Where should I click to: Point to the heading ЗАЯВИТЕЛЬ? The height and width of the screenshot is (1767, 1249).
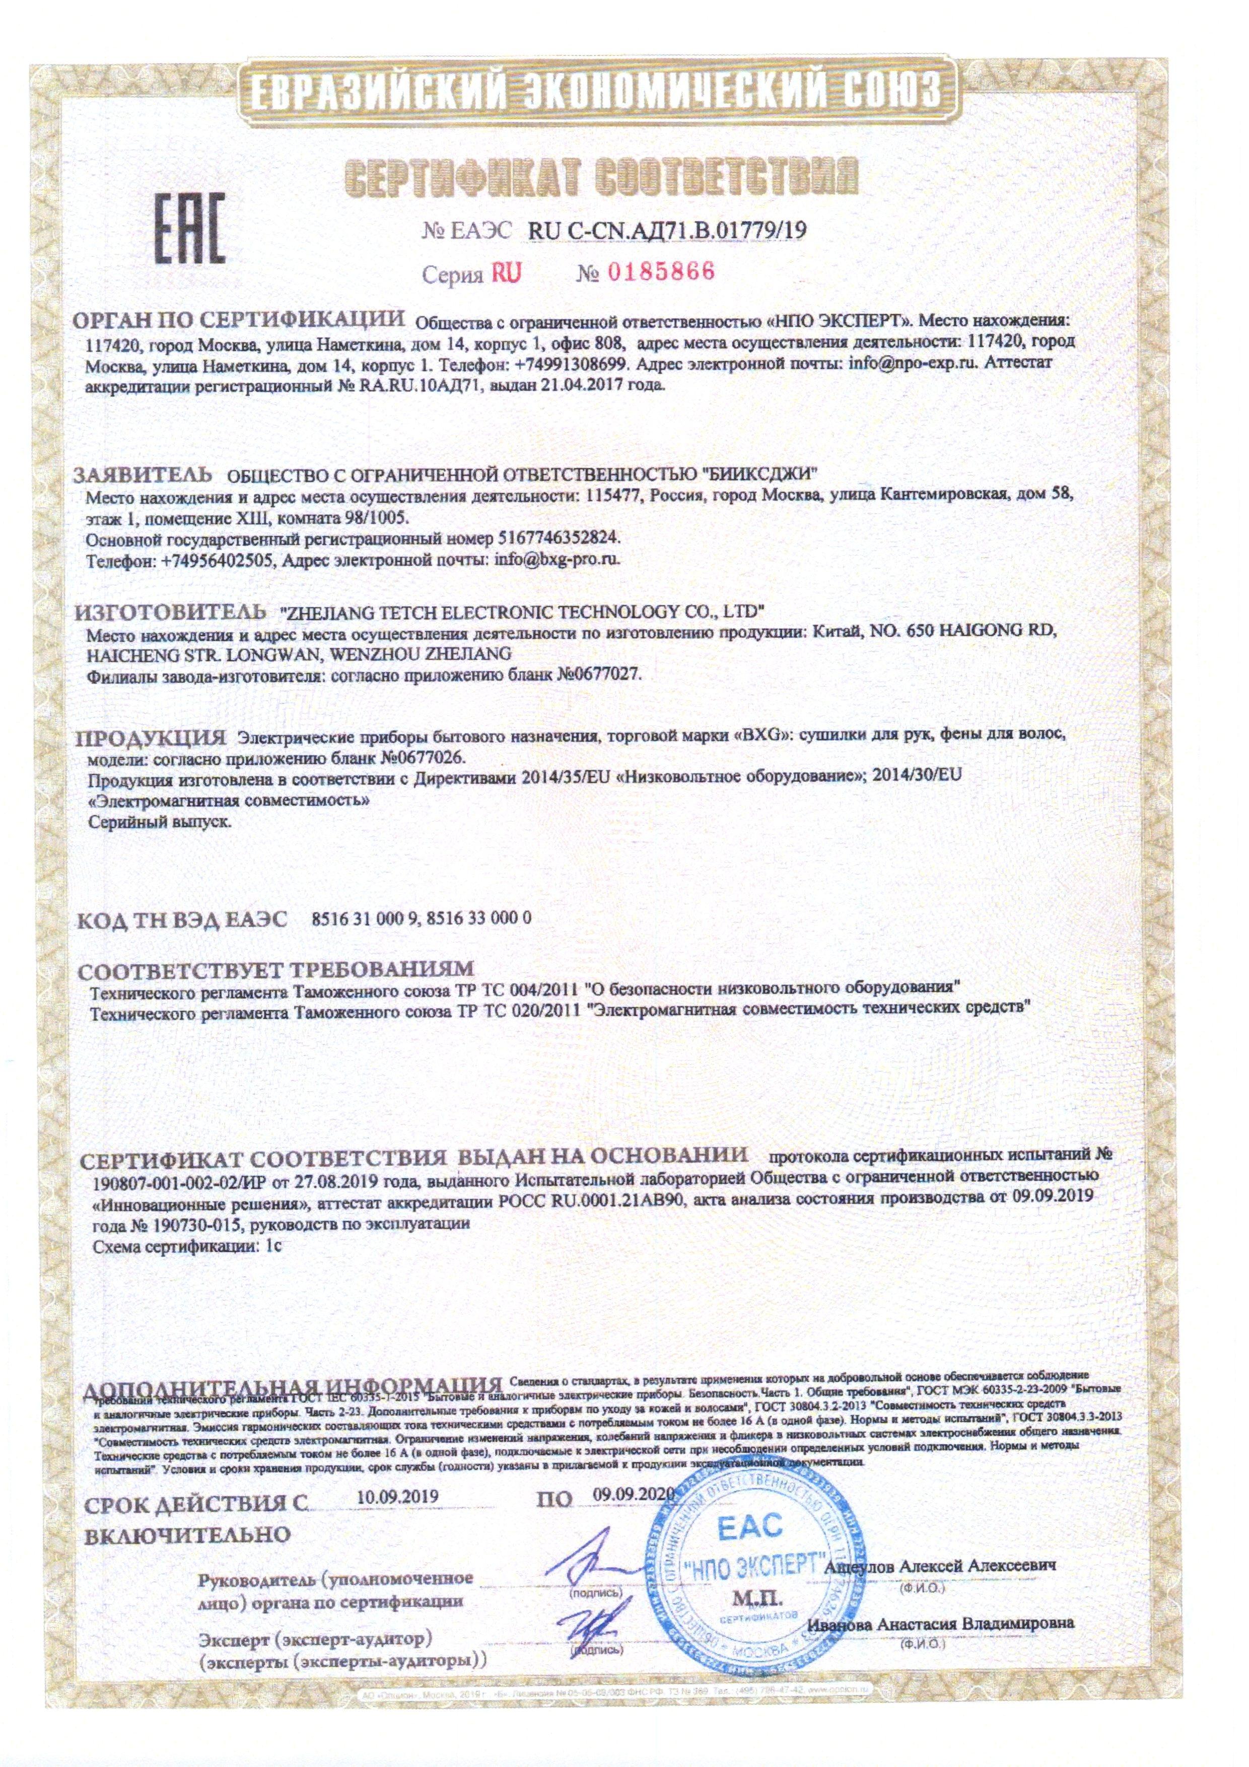[143, 472]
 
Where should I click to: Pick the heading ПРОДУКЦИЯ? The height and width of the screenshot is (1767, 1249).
[151, 737]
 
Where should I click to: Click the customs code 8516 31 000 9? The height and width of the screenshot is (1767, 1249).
[365, 918]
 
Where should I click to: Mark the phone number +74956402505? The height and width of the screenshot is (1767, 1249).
[219, 559]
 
